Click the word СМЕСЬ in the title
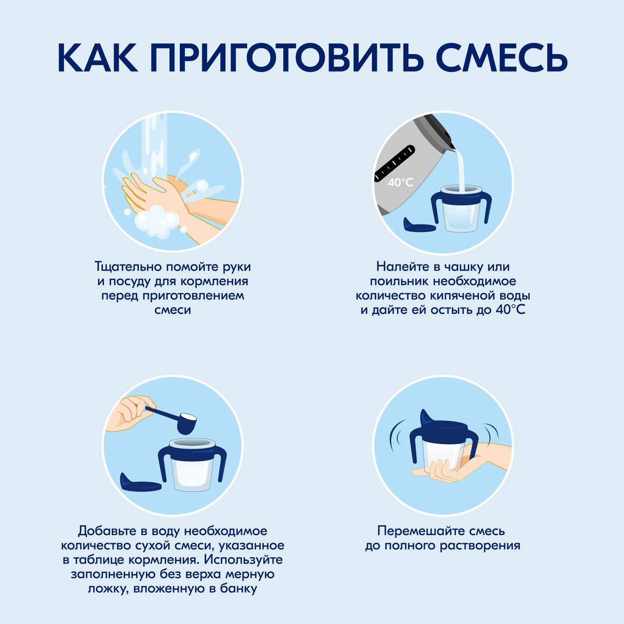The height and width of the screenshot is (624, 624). pyautogui.click(x=502, y=58)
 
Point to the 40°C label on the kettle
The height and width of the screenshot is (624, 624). pyautogui.click(x=400, y=182)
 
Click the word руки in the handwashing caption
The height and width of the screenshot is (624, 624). pyautogui.click(x=236, y=267)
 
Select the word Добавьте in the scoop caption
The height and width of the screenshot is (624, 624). pyautogui.click(x=105, y=531)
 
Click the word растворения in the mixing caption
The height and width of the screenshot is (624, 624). pyautogui.click(x=480, y=546)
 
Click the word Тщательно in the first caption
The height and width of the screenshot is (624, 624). pyautogui.click(x=128, y=267)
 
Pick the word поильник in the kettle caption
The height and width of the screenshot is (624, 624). pyautogui.click(x=399, y=281)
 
